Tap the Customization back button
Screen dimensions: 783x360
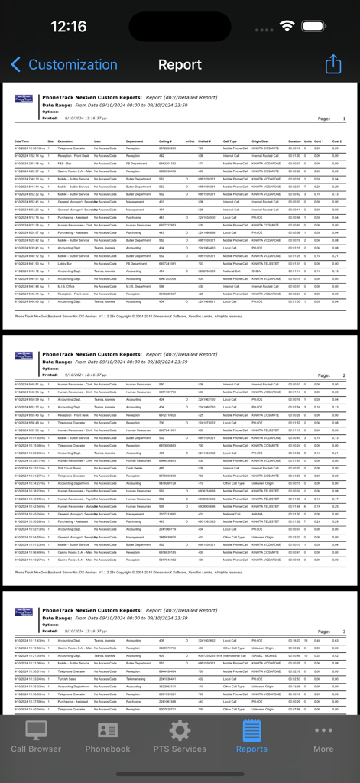point(64,65)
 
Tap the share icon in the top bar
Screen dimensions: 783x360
point(333,64)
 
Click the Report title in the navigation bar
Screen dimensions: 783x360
point(180,65)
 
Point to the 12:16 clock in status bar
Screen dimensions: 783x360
point(69,27)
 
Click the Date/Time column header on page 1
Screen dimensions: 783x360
point(21,141)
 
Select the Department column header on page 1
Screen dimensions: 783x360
point(135,141)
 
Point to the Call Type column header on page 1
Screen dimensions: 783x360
point(230,141)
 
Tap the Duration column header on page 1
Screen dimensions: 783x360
point(294,141)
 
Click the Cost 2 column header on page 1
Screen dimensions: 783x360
point(336,141)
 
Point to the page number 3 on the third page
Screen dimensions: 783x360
point(344,632)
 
